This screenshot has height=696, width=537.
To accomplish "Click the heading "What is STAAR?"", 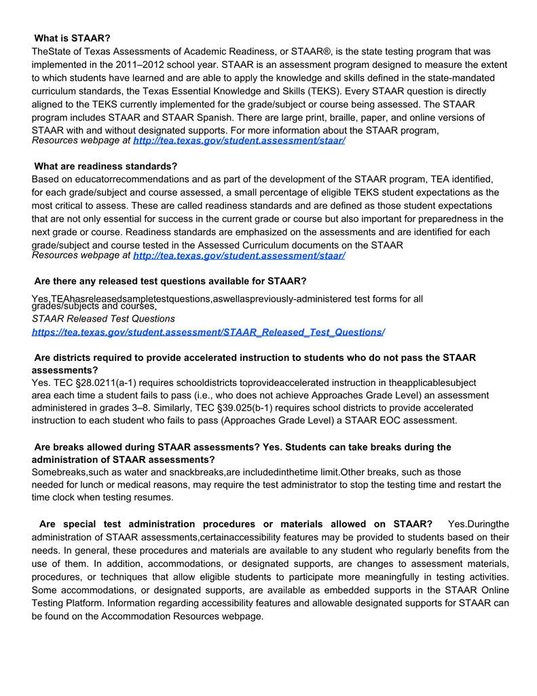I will pos(72,38).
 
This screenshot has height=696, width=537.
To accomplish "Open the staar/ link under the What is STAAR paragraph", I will pos(239,141).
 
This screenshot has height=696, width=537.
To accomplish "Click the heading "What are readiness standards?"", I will pos(105,167).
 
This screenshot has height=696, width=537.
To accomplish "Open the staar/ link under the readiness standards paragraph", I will pos(239,256).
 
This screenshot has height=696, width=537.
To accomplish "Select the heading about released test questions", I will pos(170,281).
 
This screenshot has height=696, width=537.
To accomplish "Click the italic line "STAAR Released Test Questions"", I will pos(103,319).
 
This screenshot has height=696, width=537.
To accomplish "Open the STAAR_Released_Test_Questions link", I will pos(208,332).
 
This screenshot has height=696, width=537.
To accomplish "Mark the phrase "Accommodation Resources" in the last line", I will pos(160,616).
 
